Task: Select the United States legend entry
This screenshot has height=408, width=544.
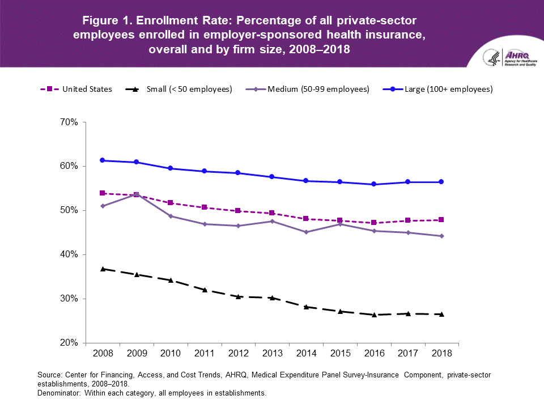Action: click(76, 89)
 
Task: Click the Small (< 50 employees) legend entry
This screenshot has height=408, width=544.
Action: click(178, 89)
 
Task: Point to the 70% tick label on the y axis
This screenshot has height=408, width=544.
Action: click(69, 122)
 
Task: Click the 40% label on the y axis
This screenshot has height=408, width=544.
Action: click(69, 254)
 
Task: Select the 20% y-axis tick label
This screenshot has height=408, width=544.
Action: click(69, 343)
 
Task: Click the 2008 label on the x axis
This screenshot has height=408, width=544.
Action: click(103, 354)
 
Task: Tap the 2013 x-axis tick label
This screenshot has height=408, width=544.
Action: click(272, 354)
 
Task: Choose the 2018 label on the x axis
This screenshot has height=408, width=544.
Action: click(441, 354)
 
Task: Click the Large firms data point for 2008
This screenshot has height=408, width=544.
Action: click(103, 160)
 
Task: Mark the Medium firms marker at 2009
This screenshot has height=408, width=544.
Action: click(137, 194)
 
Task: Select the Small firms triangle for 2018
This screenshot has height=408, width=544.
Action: click(441, 314)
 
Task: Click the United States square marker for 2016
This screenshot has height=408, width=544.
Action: click(374, 223)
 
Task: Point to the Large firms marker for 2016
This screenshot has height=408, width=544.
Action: click(374, 184)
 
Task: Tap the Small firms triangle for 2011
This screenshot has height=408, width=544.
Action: click(204, 290)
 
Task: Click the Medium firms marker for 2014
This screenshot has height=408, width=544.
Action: click(306, 232)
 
